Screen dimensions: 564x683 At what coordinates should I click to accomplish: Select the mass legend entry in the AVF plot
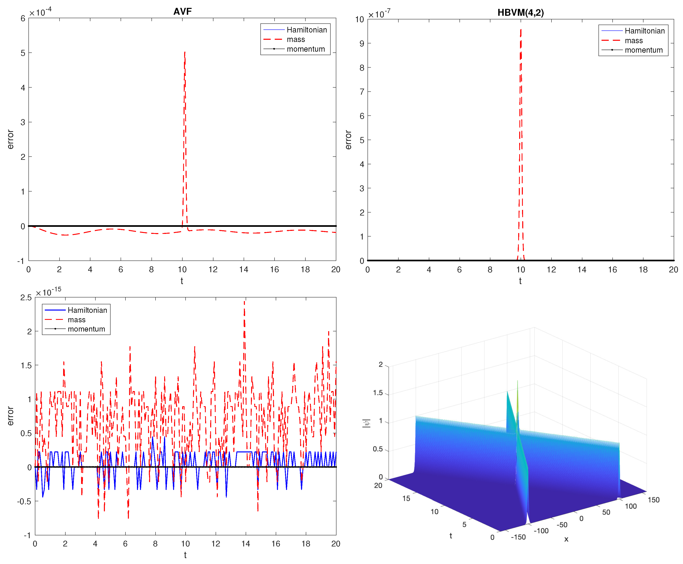(x=295, y=39)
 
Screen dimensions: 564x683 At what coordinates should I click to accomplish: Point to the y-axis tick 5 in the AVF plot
(x=23, y=53)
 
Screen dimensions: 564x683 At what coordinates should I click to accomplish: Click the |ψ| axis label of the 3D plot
(x=366, y=423)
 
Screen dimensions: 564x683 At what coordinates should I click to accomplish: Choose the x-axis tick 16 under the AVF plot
(x=275, y=269)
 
